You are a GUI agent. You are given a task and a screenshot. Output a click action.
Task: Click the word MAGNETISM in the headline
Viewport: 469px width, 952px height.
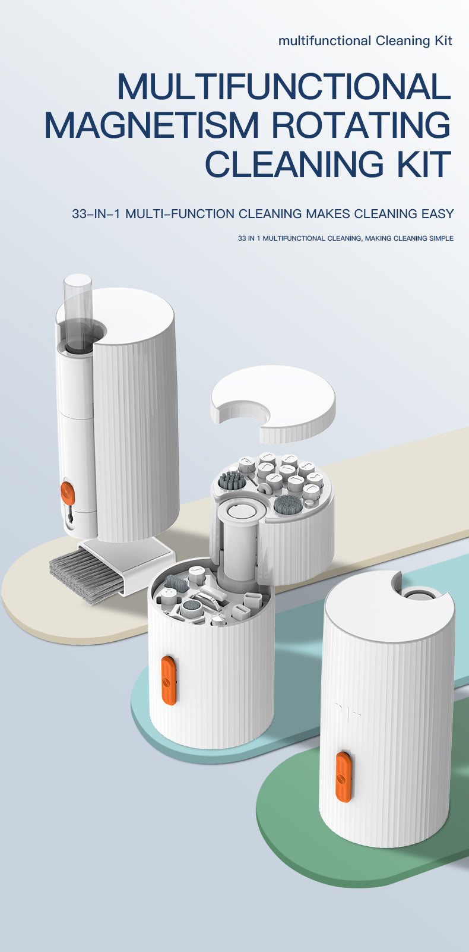click(x=152, y=125)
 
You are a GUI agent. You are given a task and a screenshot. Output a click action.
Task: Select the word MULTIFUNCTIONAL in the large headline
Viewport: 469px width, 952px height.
click(x=284, y=86)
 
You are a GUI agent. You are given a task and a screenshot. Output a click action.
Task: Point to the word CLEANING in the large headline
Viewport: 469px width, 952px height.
click(x=294, y=165)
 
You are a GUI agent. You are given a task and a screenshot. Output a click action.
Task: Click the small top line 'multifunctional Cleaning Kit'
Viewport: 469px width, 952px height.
click(x=365, y=40)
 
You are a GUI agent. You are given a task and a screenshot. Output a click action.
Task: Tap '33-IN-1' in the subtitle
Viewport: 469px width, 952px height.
click(x=96, y=214)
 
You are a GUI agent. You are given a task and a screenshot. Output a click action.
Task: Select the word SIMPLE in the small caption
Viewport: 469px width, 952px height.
click(x=441, y=238)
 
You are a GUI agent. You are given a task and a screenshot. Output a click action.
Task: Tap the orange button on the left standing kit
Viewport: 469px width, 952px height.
click(x=68, y=493)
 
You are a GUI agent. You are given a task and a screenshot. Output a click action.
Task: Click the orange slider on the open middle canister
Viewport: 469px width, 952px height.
click(x=169, y=680)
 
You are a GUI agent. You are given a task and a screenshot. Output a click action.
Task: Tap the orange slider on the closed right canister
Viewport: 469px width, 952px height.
click(x=343, y=776)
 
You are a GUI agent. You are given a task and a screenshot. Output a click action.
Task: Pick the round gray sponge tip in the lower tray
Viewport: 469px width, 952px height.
click(x=192, y=607)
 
